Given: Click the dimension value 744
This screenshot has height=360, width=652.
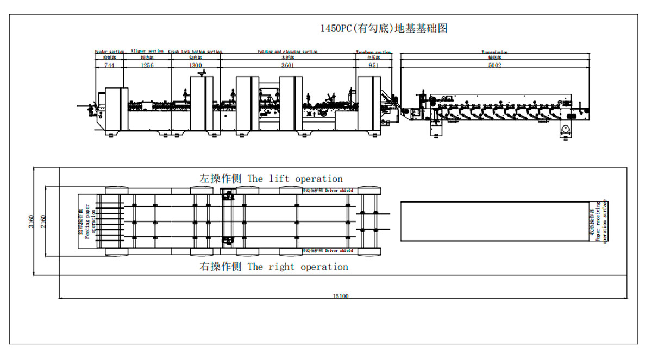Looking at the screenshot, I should pyautogui.click(x=109, y=65).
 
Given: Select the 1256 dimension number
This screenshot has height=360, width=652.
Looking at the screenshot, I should pyautogui.click(x=147, y=65).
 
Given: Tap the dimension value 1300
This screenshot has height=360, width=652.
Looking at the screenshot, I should pyautogui.click(x=196, y=65).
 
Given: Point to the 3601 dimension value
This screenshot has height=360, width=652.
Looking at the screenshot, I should pyautogui.click(x=288, y=65).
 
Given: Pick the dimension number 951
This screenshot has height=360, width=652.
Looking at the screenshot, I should pyautogui.click(x=373, y=65).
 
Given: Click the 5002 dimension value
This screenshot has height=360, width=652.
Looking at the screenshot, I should pyautogui.click(x=494, y=65).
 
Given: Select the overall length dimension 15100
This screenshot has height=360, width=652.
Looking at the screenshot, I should pyautogui.click(x=341, y=296).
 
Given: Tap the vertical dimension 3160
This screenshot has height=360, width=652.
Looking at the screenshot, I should pyautogui.click(x=32, y=221).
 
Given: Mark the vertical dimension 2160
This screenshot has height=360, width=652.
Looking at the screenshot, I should pyautogui.click(x=43, y=221).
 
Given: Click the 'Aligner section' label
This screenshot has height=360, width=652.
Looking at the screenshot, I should pyautogui.click(x=147, y=51).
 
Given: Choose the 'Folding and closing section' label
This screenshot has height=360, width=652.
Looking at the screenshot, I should pyautogui.click(x=287, y=52).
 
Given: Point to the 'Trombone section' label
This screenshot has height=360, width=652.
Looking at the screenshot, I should pyautogui.click(x=373, y=52).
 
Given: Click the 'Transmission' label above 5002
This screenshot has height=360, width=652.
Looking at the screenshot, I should pyautogui.click(x=494, y=52).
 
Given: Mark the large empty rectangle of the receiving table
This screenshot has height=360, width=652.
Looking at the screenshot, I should pyautogui.click(x=494, y=221).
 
